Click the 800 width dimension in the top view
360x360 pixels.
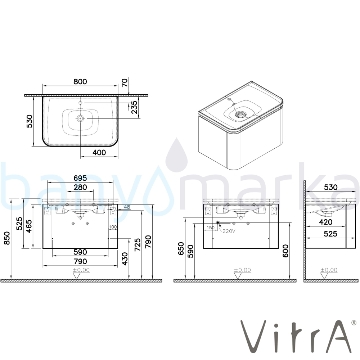80,81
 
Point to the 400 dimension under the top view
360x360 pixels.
99,152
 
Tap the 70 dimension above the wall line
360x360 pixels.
124,82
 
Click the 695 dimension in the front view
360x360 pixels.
80,178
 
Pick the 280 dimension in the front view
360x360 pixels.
80,187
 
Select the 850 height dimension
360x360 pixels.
7,238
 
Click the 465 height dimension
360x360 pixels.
29,226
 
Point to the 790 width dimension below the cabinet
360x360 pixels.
80,261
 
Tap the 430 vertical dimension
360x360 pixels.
125,259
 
